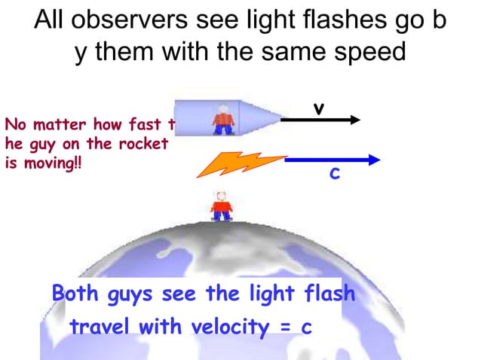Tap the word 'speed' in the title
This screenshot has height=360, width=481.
372,53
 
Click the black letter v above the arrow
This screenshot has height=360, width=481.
319,110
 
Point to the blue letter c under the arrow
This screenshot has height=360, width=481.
334,175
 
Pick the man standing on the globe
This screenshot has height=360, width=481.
221,205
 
